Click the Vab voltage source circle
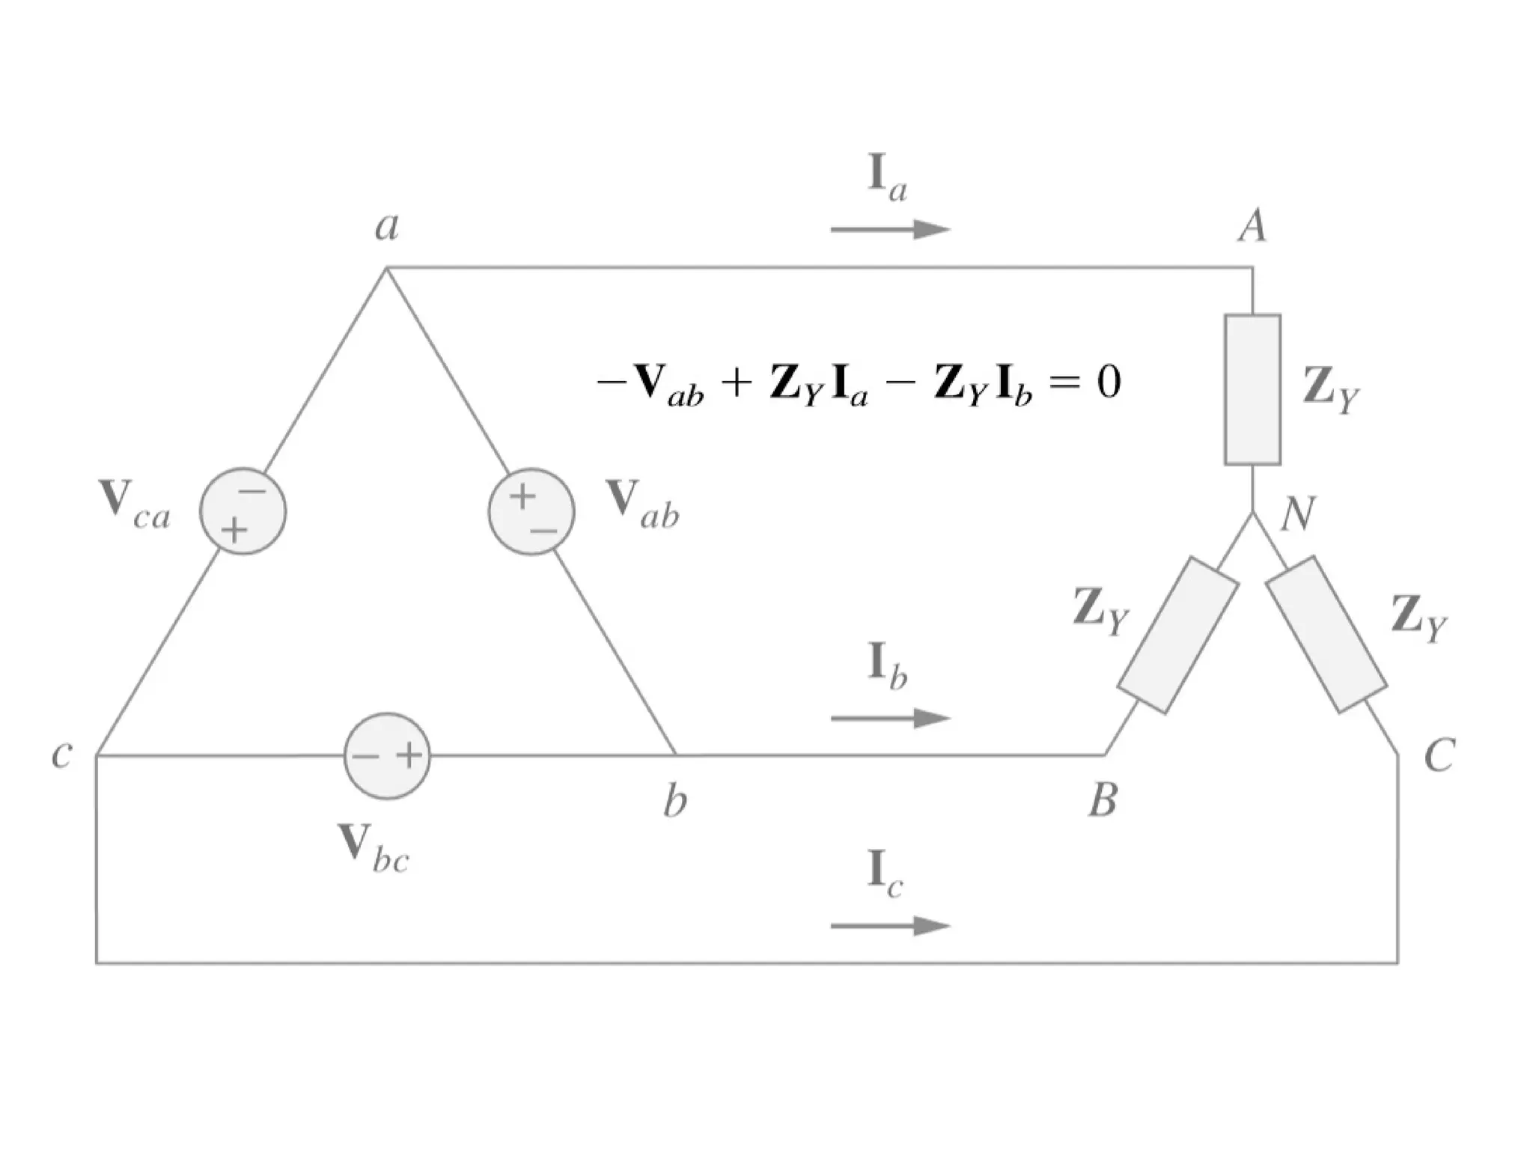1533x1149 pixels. [x=531, y=512]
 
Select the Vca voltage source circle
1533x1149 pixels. [x=243, y=512]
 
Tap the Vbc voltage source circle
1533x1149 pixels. [x=387, y=756]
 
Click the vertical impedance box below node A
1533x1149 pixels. [x=1252, y=389]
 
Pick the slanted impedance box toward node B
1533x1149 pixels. [x=1177, y=635]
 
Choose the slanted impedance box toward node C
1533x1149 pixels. [x=1327, y=635]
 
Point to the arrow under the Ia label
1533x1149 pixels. [x=891, y=229]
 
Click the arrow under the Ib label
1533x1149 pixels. [x=891, y=719]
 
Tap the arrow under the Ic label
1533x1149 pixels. [x=891, y=926]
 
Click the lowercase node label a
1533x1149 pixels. [x=387, y=225]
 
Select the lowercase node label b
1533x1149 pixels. [x=674, y=802]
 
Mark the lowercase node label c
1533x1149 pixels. [x=61, y=754]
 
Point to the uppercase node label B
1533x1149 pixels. [x=1103, y=800]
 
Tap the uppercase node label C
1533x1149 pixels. [x=1439, y=755]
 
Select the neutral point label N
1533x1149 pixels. [x=1297, y=515]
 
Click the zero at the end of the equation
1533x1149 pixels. [x=1109, y=383]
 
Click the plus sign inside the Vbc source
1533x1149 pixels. [x=409, y=755]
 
